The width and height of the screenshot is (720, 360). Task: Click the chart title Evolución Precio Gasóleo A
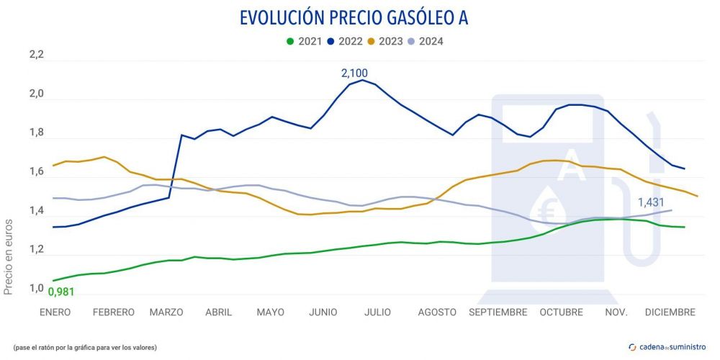click(354, 18)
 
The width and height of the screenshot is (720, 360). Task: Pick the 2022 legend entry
click(343, 41)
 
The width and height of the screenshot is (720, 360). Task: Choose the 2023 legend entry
click(383, 41)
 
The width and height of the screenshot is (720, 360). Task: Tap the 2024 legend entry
click(425, 41)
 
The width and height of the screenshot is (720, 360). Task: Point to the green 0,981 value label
click(61, 292)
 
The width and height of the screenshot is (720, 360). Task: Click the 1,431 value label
click(652, 202)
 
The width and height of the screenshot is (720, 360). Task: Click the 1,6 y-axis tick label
click(36, 172)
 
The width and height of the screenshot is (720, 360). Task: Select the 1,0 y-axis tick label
click(36, 289)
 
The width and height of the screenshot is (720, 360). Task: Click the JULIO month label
click(377, 312)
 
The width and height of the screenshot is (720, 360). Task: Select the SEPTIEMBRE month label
click(498, 312)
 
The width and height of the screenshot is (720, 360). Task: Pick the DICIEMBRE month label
click(670, 312)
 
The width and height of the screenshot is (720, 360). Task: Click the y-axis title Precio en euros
click(9, 255)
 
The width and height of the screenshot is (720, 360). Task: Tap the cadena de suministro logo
click(666, 347)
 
